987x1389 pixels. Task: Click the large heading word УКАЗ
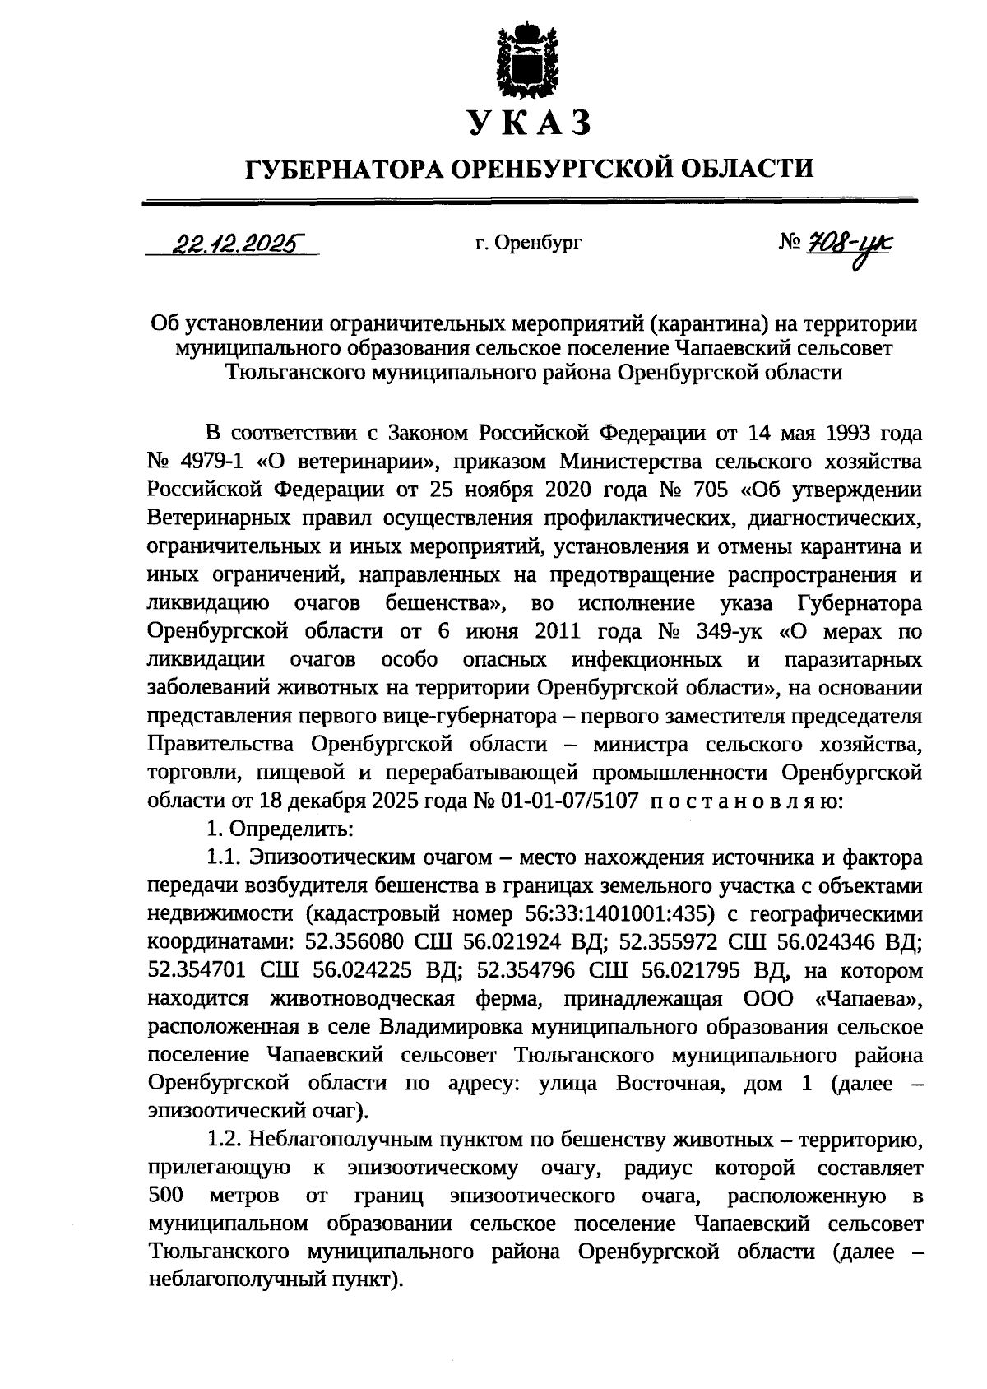[x=530, y=124]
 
